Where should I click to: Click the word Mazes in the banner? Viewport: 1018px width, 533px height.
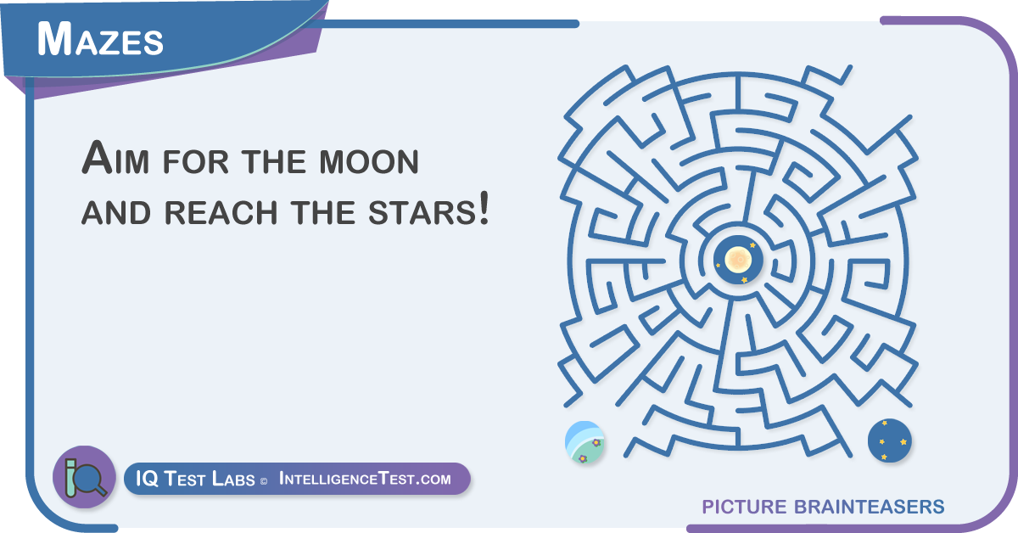click(100, 39)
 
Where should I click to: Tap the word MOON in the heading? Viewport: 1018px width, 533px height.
click(368, 161)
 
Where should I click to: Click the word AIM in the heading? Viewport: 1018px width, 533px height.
click(115, 158)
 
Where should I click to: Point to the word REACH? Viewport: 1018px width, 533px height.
click(221, 213)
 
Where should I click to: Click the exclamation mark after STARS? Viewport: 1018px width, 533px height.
click(484, 208)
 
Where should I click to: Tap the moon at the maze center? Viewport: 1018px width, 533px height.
click(738, 260)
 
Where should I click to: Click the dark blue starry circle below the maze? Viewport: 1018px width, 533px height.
click(889, 440)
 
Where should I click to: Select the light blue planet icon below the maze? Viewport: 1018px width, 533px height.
click(585, 442)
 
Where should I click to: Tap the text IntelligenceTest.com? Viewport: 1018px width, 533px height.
click(365, 479)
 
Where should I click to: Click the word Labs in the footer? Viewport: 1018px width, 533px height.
click(233, 479)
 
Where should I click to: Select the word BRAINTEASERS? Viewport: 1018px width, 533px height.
click(869, 507)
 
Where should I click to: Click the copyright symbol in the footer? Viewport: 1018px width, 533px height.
click(264, 481)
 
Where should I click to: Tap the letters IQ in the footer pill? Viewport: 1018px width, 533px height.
click(146, 479)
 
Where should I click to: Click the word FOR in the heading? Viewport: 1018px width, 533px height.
click(195, 161)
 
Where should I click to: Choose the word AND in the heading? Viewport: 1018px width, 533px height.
click(116, 213)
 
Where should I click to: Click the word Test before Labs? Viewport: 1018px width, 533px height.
click(184, 479)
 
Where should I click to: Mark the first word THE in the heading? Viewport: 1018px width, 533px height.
click(273, 161)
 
